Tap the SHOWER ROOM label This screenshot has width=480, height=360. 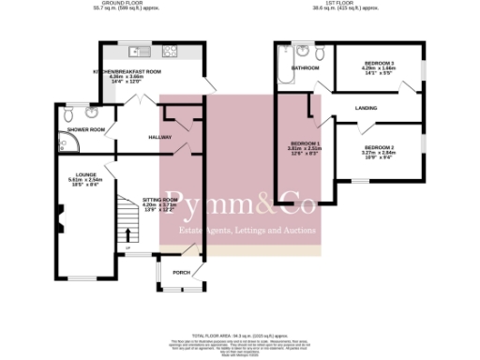(x=85, y=129)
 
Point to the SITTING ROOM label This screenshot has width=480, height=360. (x=160, y=201)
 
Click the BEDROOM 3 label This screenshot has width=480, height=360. (x=379, y=63)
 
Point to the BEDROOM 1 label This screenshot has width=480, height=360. (x=305, y=143)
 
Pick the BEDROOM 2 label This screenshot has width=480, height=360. (x=379, y=147)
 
